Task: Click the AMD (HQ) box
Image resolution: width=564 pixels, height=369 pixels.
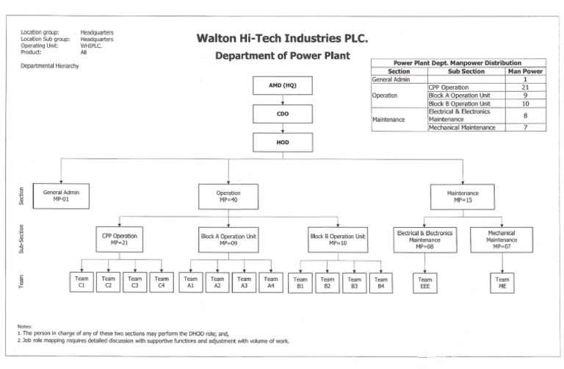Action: [x=283, y=86]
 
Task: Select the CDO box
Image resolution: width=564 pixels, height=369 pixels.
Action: [x=283, y=114]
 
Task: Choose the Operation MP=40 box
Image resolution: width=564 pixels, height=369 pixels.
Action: [x=228, y=196]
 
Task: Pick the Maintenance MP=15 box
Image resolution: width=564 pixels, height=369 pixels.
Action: [x=463, y=196]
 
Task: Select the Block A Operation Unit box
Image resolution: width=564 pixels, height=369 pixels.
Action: [x=228, y=239]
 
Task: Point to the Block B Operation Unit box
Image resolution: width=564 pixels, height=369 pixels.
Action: [x=338, y=239]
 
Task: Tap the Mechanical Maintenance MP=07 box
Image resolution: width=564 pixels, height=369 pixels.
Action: [x=502, y=239]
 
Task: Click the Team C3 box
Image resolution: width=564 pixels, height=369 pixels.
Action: [x=135, y=282]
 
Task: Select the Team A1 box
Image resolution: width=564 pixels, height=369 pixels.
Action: [x=191, y=282]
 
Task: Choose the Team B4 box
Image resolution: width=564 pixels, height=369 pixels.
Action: [x=380, y=283]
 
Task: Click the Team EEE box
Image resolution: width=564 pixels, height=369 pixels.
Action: [x=424, y=283]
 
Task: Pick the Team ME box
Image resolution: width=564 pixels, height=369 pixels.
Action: [x=502, y=283]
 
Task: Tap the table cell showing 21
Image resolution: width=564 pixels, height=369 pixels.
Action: [x=524, y=87]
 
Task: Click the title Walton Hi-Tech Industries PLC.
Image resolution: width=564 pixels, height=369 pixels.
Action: [x=282, y=38]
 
